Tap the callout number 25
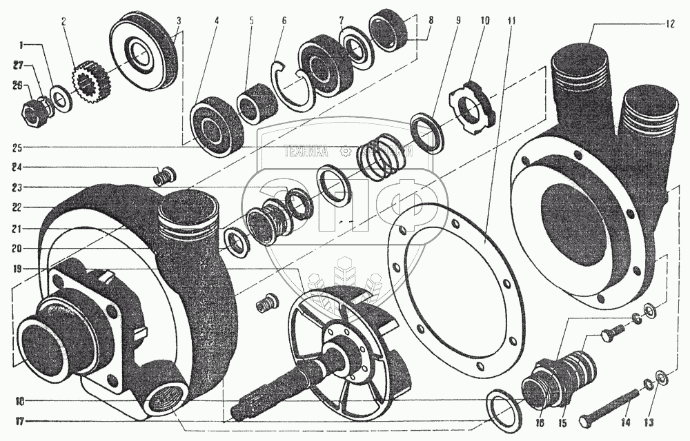[17, 147]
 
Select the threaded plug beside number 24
[164, 177]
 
